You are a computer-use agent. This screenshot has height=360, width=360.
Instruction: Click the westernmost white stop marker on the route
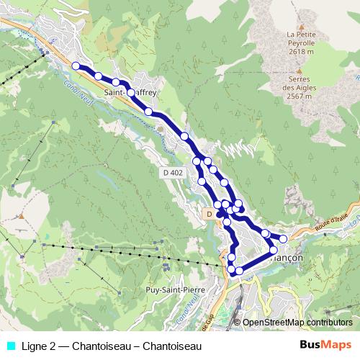[76, 66]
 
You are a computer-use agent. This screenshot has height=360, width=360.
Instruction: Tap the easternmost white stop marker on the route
[283, 238]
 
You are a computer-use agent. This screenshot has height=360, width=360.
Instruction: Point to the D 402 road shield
[172, 172]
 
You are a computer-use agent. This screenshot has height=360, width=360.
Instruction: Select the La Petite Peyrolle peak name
[300, 39]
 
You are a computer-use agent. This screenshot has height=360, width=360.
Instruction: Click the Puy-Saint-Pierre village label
[171, 289]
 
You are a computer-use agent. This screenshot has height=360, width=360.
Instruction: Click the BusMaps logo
[325, 346]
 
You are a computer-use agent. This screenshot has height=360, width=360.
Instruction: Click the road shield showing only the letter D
[208, 214]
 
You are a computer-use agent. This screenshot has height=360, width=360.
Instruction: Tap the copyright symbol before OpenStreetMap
[238, 323]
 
